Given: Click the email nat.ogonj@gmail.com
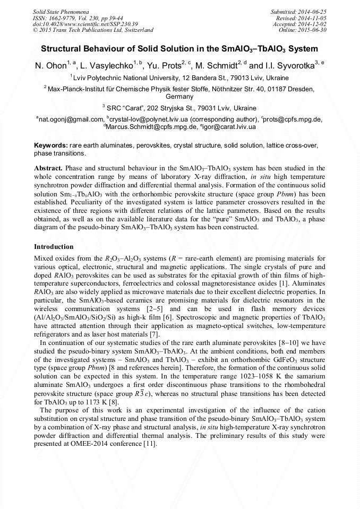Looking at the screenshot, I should [x=71, y=120].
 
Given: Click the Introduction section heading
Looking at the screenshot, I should [x=54, y=247].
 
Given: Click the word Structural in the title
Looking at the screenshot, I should [x=63, y=49].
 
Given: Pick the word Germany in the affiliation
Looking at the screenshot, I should [x=179, y=97].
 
